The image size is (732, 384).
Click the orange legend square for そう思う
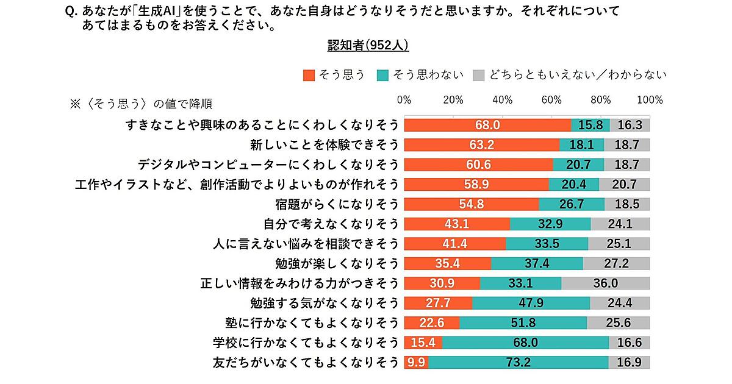309,75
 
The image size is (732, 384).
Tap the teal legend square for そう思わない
383,75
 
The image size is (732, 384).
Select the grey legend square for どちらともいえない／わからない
479,75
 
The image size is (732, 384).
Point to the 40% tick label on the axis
503,100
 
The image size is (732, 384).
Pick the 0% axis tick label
404,100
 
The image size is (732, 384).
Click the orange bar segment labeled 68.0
487,125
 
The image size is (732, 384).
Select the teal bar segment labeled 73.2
518,363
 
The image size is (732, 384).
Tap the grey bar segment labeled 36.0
606,283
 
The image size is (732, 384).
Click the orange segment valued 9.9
417,363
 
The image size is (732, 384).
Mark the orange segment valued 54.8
472,204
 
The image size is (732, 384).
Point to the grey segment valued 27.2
617,264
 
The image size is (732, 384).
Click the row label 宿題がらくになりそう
337,204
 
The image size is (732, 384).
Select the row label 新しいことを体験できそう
325,145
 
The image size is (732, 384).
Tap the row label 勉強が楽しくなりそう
337,264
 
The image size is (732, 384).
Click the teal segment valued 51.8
523,323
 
